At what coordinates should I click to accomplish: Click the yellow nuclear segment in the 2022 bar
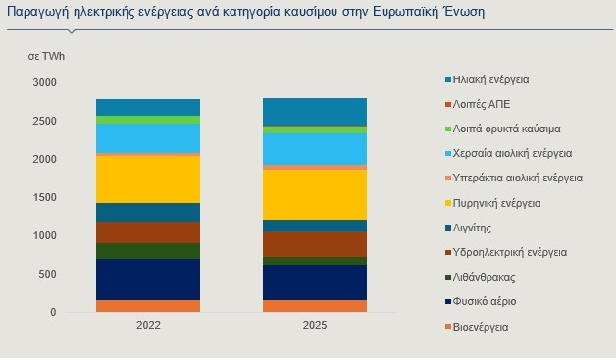148,179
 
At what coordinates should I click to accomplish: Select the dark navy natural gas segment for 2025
315,283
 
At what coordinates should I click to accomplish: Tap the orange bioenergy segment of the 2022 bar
148,306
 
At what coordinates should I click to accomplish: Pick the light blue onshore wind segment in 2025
315,149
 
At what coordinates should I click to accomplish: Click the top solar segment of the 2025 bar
315,112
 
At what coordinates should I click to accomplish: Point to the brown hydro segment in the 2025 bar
315,244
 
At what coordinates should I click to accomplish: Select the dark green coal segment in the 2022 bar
148,251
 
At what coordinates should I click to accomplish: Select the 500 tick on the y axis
47,275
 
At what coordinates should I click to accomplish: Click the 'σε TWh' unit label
45,58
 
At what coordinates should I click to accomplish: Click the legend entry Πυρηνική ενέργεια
499,203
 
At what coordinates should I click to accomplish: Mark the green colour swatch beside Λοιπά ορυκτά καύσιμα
446,129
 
